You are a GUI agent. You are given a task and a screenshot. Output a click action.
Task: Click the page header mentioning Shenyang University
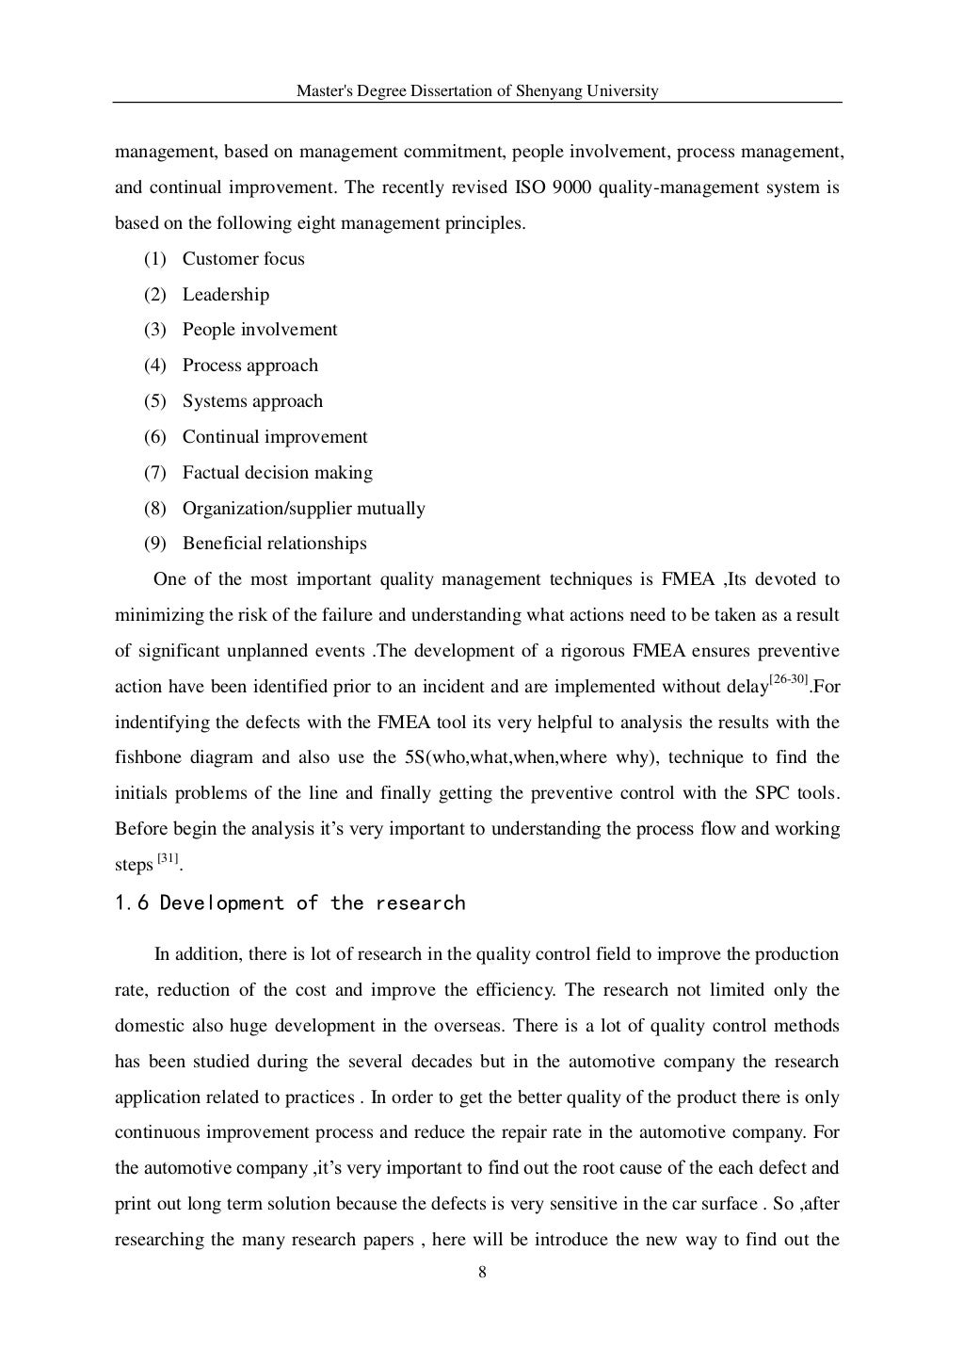477,91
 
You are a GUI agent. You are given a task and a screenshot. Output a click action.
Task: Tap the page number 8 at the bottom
482,1273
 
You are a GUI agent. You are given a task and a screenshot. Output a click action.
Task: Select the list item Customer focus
243,259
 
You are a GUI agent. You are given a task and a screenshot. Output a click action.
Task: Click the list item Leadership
225,295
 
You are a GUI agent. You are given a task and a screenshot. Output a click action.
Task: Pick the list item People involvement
259,330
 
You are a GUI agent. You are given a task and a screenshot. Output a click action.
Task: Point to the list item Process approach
249,366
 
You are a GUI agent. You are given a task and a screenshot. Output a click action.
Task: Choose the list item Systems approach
252,401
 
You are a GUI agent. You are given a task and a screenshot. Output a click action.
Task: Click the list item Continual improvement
274,437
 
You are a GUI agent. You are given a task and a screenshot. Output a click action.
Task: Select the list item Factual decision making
277,473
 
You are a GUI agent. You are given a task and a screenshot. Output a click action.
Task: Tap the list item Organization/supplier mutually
303,509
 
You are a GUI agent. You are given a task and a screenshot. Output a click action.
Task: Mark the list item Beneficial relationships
274,544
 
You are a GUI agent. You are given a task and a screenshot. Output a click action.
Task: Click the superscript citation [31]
168,858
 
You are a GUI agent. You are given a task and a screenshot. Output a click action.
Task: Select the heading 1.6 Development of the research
290,903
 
